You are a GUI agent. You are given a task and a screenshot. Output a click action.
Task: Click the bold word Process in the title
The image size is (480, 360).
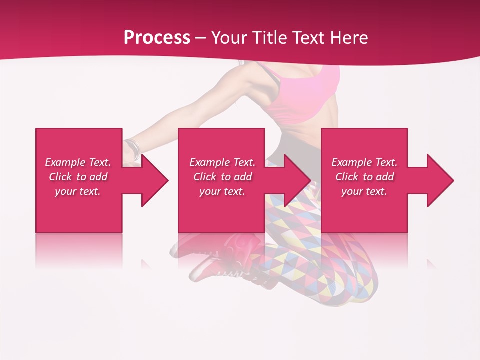coord(157,37)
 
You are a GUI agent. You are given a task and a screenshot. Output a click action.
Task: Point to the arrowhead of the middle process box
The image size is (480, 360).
coord(297,180)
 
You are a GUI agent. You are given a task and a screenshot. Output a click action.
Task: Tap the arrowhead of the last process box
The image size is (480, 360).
coord(440,180)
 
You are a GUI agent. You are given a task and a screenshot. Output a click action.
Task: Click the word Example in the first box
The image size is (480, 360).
coord(65,162)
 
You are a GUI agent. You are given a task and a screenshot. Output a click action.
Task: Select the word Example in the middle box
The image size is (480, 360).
coord(209,162)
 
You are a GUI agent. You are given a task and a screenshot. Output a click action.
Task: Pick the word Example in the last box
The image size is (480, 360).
coord(351,162)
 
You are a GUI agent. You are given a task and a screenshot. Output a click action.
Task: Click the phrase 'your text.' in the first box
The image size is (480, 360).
coord(78,191)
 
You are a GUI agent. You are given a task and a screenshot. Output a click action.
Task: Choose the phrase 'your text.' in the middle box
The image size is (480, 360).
coord(222,191)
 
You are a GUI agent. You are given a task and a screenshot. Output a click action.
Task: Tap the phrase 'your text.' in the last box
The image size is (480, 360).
coord(364,191)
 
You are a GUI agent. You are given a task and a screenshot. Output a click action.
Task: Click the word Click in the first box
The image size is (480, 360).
coord(60,177)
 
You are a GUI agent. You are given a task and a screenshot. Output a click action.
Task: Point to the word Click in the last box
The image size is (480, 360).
coord(347,177)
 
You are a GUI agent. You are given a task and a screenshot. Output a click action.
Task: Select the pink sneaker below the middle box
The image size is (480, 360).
coord(240,250)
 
